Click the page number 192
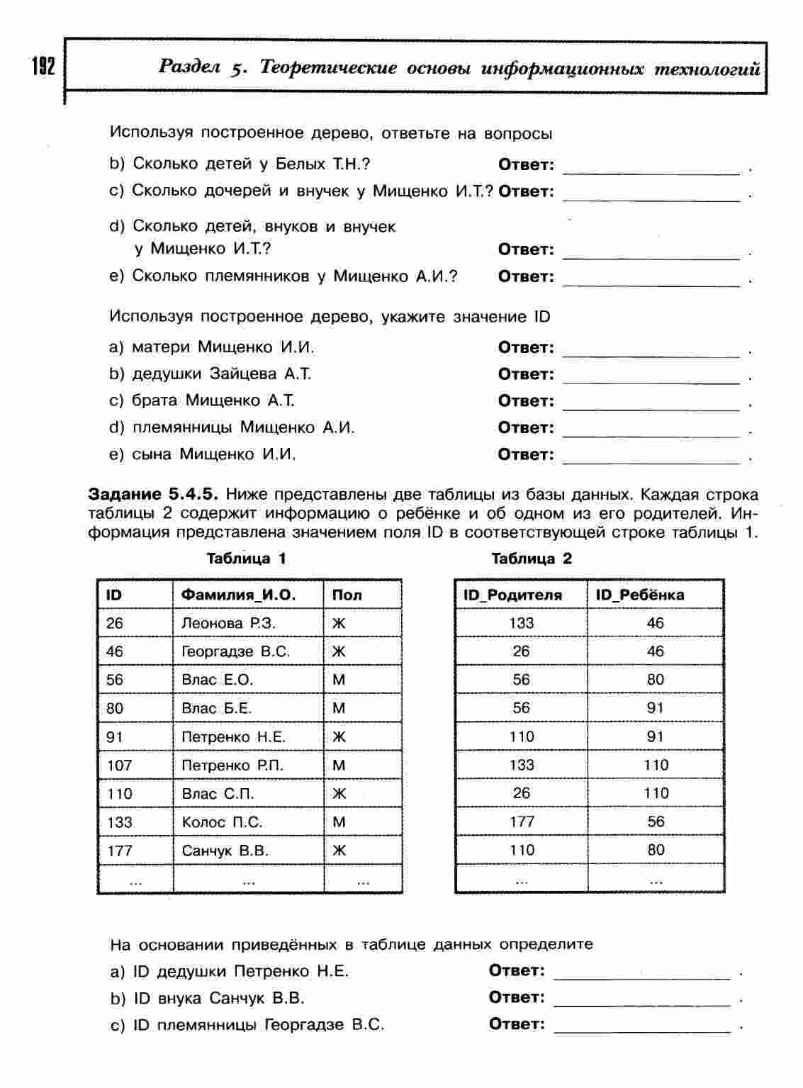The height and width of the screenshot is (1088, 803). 43,67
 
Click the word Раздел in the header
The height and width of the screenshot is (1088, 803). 191,68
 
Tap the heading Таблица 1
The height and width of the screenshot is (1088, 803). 246,559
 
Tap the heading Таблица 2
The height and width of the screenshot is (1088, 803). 532,559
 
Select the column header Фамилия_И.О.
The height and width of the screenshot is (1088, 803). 238,595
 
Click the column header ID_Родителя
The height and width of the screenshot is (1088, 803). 512,595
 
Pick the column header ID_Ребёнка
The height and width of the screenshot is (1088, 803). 640,595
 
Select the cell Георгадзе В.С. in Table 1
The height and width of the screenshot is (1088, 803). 235,651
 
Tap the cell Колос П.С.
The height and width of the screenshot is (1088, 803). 222,822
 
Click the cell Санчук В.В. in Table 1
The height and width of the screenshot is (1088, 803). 225,851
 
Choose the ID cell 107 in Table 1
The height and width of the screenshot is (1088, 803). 119,765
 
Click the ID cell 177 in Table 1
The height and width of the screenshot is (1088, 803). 119,851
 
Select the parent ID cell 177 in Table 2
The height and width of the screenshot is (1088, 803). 522,821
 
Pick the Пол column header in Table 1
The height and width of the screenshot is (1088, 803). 347,595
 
